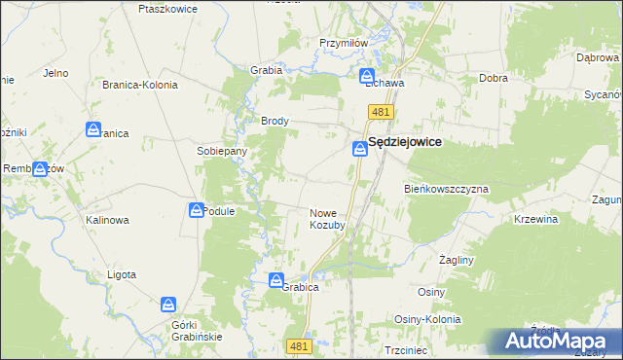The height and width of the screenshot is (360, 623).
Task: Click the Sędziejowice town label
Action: click(x=406, y=142)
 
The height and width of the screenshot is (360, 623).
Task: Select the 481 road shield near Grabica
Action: click(x=299, y=345)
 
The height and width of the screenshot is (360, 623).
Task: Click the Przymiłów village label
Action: click(x=342, y=43)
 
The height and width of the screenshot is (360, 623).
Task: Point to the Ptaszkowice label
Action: click(x=168, y=9)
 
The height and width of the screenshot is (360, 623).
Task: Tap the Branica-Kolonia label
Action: click(x=140, y=85)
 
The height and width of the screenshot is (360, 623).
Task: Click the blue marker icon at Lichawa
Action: click(x=368, y=75)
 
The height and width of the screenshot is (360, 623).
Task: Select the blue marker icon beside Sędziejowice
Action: click(x=358, y=149)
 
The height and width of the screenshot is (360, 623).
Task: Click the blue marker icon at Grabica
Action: click(x=275, y=280)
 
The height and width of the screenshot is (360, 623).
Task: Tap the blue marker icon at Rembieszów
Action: click(x=40, y=168)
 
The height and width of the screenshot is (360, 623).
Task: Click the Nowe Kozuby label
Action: click(x=328, y=219)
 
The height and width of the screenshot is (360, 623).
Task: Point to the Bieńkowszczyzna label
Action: click(x=446, y=188)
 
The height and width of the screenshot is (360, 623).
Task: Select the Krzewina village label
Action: click(x=535, y=220)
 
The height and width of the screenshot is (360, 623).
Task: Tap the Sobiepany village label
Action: click(x=222, y=152)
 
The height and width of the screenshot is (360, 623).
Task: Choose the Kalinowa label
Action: click(x=107, y=220)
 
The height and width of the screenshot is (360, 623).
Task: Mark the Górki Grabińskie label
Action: click(x=197, y=330)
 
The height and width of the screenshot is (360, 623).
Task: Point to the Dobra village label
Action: click(x=494, y=79)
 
